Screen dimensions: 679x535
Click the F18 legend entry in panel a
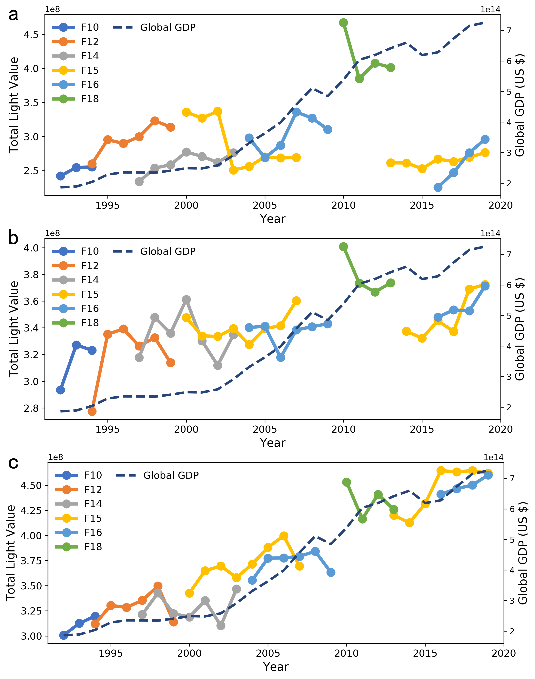pos(90,99)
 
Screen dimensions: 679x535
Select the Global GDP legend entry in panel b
pos(167,251)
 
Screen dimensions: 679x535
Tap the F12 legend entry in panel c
pos(93,490)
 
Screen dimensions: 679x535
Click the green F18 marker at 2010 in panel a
pos(343,23)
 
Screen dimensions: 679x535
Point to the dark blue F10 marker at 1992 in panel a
pos(60,176)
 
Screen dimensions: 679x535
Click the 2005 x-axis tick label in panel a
pos(265,206)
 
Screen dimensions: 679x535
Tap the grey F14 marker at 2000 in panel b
pos(186,300)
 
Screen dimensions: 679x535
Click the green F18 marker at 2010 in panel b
pos(343,247)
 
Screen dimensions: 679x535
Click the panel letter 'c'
pos(13,463)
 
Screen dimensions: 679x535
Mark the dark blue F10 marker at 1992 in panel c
pos(64,635)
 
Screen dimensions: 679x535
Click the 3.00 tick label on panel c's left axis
pos(31,636)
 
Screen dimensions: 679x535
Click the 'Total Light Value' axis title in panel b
pos(14,329)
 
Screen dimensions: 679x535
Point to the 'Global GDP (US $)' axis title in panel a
pos(520,105)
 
